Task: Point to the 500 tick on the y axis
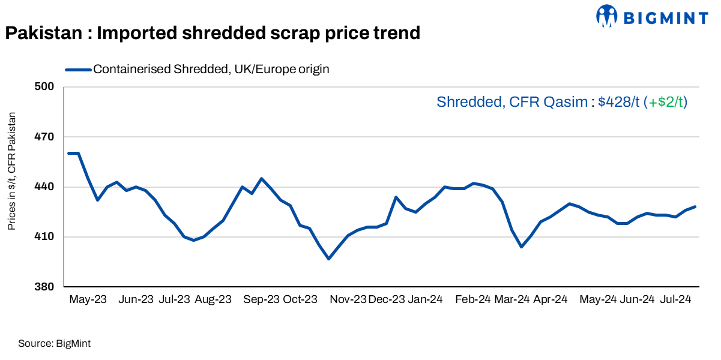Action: click(x=46, y=87)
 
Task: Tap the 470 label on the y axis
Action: click(x=46, y=137)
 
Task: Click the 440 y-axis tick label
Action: click(x=46, y=187)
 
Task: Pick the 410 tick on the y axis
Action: click(x=46, y=237)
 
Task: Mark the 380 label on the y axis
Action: click(x=46, y=287)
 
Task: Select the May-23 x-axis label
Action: click(x=88, y=299)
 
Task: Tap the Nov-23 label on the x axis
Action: click(x=348, y=299)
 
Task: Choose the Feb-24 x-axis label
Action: click(x=472, y=299)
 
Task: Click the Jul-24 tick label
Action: click(x=675, y=299)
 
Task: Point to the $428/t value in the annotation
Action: click(x=619, y=102)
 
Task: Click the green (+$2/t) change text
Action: click(x=665, y=102)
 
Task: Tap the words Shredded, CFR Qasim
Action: click(x=511, y=102)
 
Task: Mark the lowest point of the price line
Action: click(x=328, y=259)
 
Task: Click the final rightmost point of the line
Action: click(x=695, y=206)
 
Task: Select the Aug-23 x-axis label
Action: click(x=213, y=299)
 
